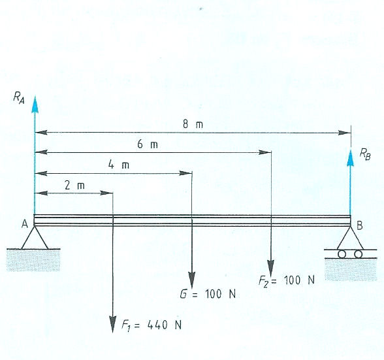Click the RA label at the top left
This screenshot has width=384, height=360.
(x=19, y=99)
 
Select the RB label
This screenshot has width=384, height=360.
(x=365, y=154)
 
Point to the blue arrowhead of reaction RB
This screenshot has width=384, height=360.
(x=351, y=158)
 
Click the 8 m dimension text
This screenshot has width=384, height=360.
(x=193, y=125)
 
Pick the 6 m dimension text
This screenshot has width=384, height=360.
(x=148, y=144)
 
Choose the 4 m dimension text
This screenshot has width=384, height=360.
(x=119, y=165)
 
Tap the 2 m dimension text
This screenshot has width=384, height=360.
(x=75, y=186)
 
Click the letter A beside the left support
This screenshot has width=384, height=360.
(x=25, y=223)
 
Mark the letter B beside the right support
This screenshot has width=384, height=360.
(x=359, y=225)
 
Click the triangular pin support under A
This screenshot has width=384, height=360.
(x=35, y=238)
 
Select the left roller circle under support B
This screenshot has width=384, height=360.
(x=342, y=254)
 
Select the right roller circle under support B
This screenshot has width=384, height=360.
(x=359, y=254)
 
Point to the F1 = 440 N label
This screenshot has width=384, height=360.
(x=152, y=325)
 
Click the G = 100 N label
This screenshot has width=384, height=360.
(x=208, y=294)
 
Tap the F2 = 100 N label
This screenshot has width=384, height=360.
(x=287, y=280)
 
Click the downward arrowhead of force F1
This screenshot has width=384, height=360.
(x=112, y=324)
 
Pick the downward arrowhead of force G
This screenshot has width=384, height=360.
(x=192, y=280)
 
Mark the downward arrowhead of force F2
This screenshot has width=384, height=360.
(x=270, y=269)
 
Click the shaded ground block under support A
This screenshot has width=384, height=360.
(x=33, y=260)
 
